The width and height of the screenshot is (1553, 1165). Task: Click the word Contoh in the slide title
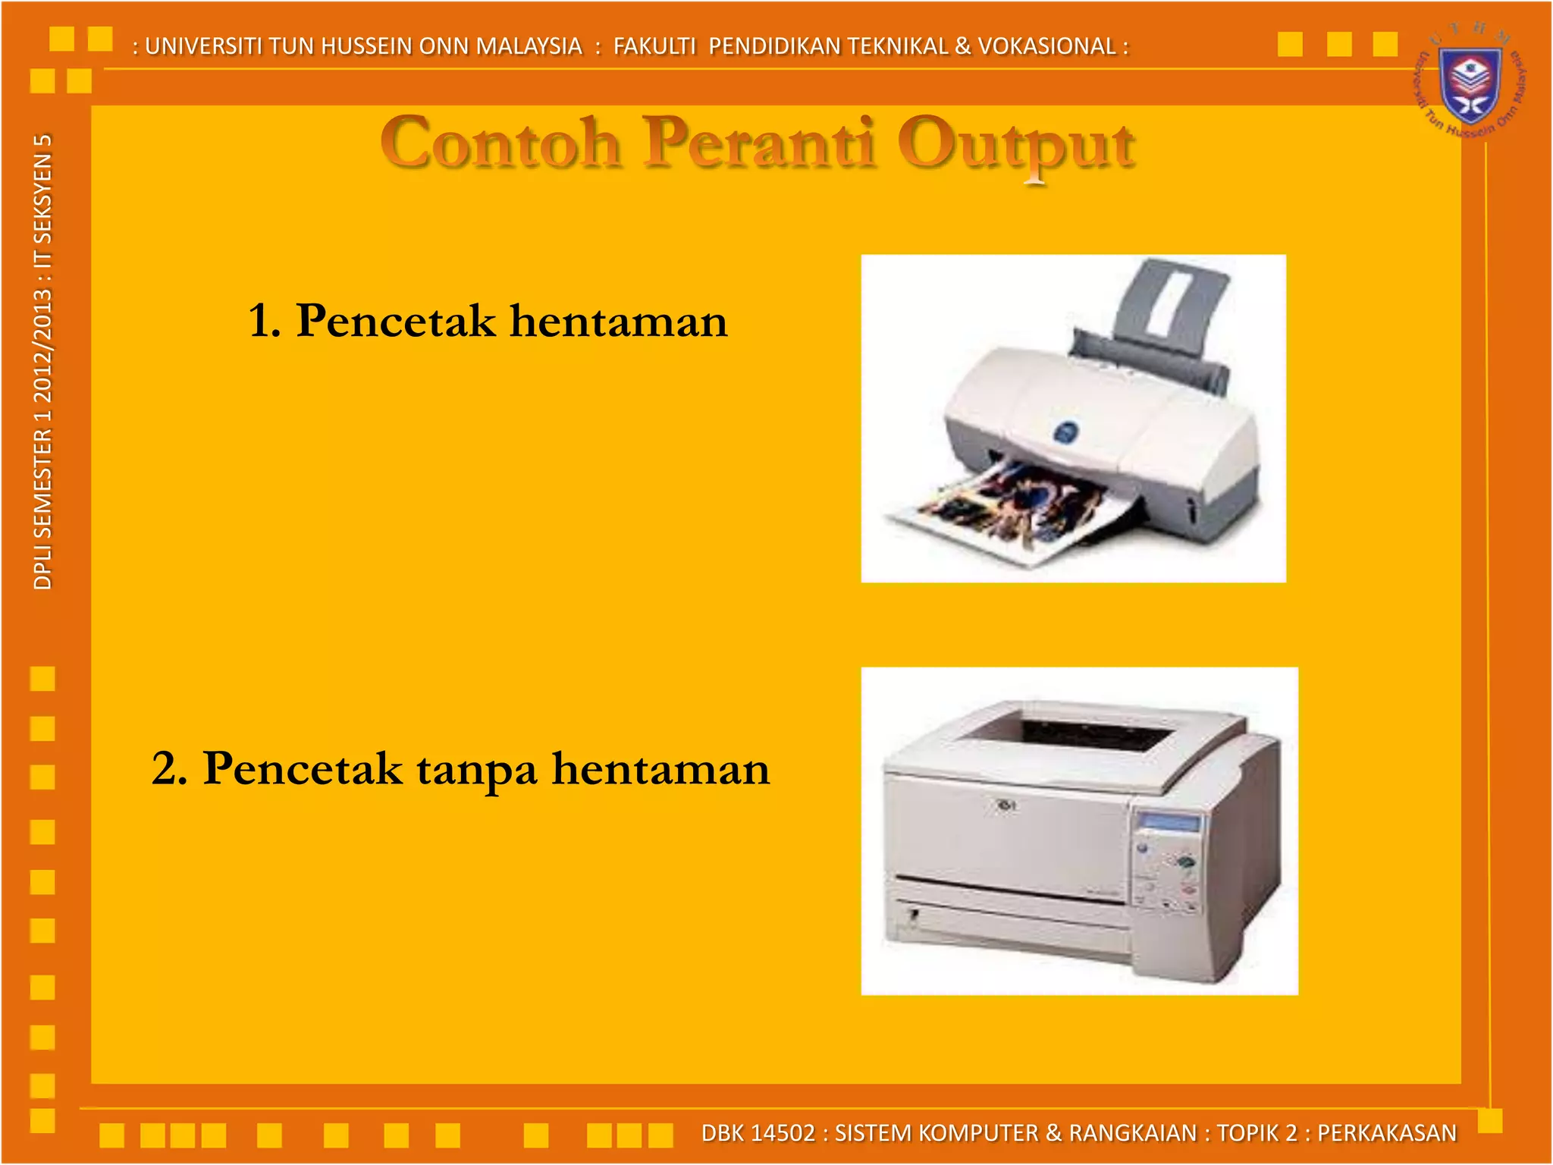coord(500,144)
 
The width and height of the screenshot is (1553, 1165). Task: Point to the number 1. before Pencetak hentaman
coord(264,320)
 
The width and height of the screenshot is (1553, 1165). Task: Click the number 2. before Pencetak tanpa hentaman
coord(169,768)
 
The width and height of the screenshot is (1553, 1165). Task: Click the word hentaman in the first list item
coord(618,320)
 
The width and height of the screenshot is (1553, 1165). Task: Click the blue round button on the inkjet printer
coord(1066,432)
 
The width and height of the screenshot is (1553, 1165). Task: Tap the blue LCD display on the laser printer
coord(1170,822)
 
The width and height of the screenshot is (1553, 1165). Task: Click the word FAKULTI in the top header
coord(654,46)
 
